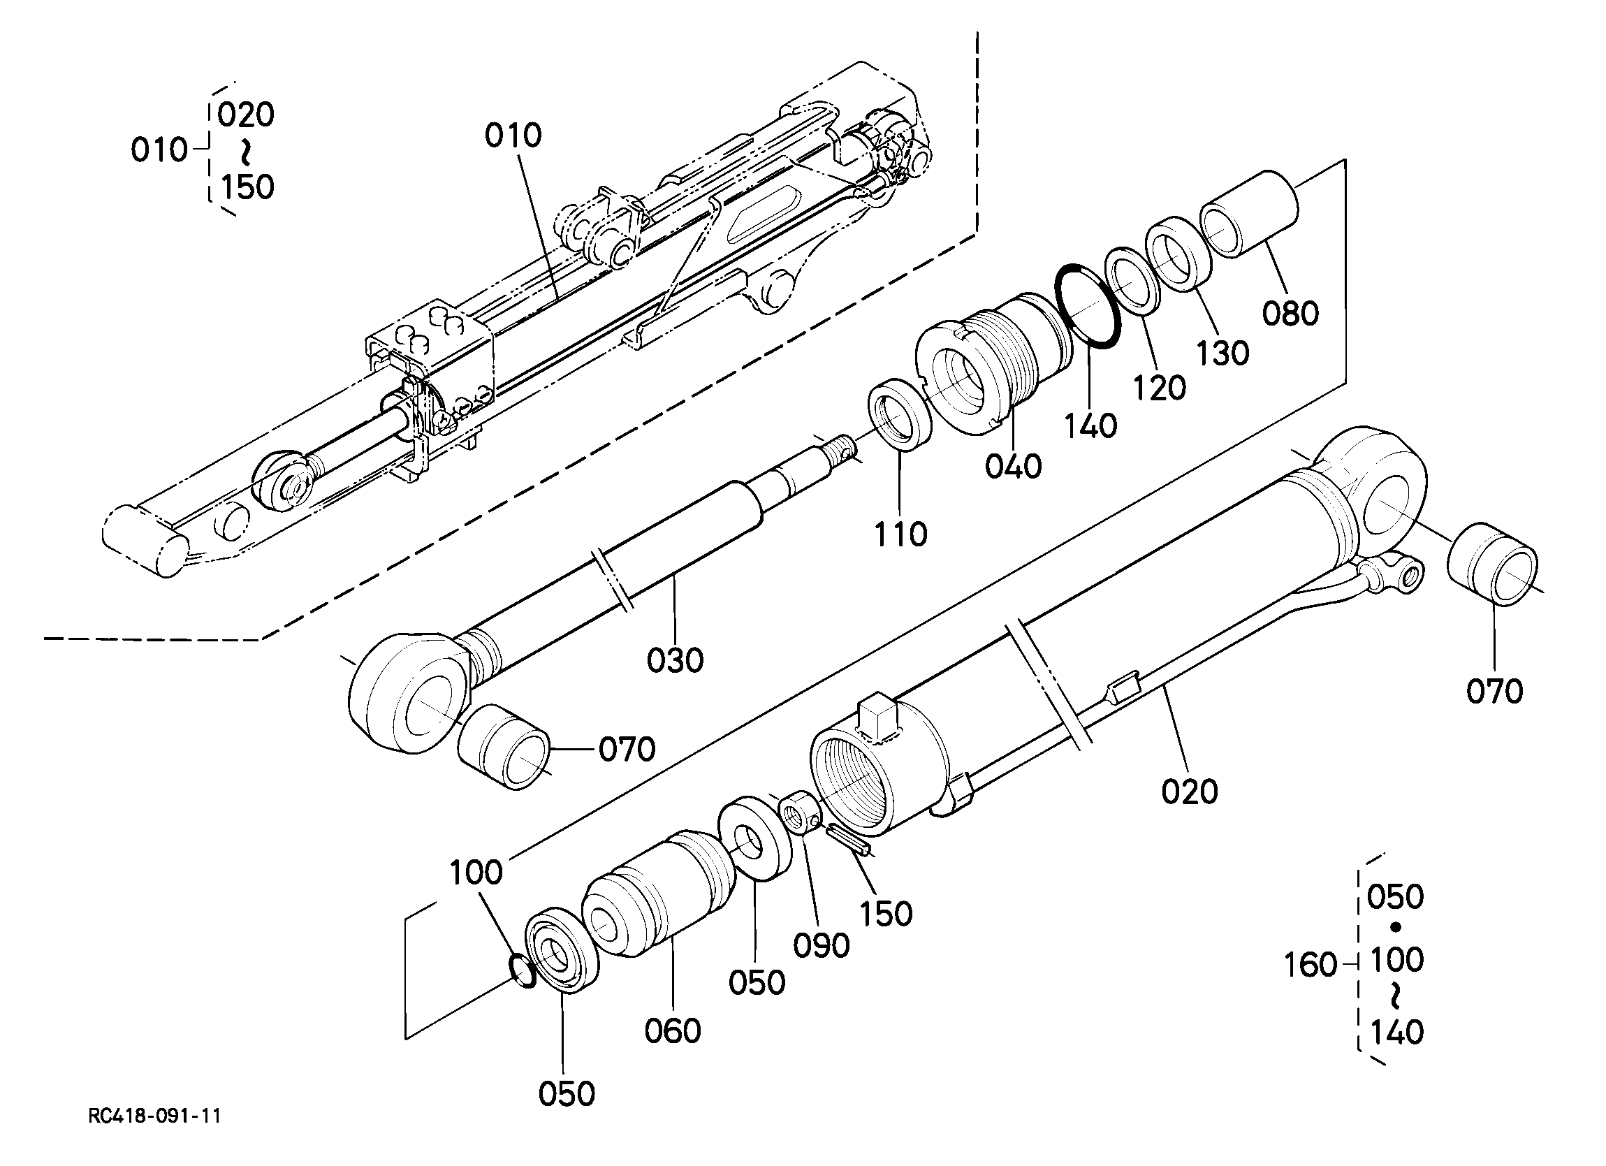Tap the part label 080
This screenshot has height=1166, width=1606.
[1291, 314]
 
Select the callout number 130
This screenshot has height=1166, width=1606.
[1223, 354]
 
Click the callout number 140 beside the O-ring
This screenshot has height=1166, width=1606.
[1091, 425]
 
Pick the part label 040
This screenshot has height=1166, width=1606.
[1014, 467]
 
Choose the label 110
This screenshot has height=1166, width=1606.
[900, 535]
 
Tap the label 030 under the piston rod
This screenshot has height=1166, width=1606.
[676, 660]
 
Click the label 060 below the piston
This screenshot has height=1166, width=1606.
[673, 1030]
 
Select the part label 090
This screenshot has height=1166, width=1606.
[822, 946]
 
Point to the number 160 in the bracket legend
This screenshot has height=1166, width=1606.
[1311, 965]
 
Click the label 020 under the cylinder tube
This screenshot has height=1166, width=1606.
[1190, 792]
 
